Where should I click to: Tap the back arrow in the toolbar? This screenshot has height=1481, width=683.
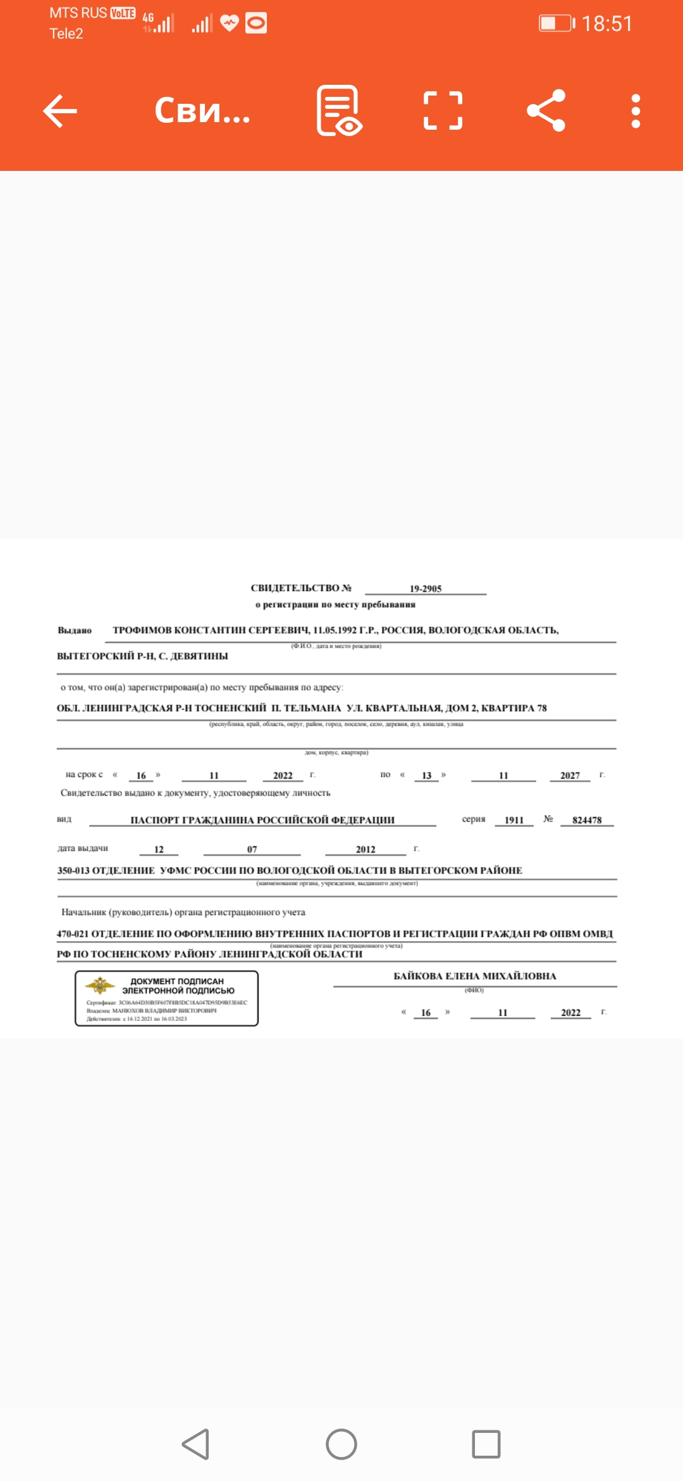tap(60, 111)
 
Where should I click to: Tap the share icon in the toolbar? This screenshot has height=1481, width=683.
tap(546, 111)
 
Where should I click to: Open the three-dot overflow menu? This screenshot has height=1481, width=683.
tap(636, 111)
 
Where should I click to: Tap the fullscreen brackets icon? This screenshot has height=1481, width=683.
tap(443, 111)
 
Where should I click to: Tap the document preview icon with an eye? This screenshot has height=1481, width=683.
tap(339, 111)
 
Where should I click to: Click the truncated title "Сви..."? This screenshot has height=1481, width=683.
tap(202, 111)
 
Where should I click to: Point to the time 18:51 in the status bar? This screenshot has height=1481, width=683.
tap(606, 24)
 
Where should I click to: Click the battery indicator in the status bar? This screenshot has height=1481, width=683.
tap(556, 23)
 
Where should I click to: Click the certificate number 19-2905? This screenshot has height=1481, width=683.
tap(426, 589)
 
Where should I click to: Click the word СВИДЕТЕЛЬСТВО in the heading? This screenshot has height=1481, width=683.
tap(295, 588)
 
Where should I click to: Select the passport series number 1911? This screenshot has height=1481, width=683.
tap(514, 820)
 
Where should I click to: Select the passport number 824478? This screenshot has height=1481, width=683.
tap(587, 820)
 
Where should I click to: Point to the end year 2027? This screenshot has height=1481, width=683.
tap(570, 775)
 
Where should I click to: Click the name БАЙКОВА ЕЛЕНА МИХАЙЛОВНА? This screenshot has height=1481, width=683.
tap(475, 976)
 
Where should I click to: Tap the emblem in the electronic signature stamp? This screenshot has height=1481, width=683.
tap(100, 985)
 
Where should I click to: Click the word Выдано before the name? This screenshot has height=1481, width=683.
tap(75, 630)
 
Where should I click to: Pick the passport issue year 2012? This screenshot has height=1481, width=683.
tap(366, 849)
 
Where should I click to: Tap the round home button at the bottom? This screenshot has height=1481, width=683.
tap(341, 1444)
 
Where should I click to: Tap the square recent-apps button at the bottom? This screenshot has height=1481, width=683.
tap(486, 1444)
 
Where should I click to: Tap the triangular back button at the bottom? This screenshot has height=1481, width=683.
tap(196, 1444)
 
